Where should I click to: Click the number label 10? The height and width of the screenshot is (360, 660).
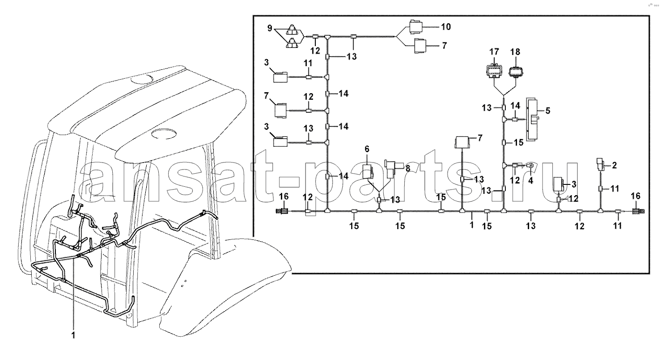(x=446, y=27)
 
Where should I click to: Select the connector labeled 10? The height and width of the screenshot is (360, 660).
(x=415, y=27)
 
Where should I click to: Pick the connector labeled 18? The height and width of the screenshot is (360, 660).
(x=516, y=71)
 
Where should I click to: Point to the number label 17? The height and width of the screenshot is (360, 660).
(x=494, y=52)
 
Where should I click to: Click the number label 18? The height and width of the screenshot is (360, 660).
(x=515, y=52)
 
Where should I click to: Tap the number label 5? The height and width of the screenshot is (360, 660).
(x=548, y=111)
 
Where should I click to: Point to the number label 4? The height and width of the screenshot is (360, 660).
(x=531, y=180)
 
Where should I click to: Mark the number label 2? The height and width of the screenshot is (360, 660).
(x=614, y=165)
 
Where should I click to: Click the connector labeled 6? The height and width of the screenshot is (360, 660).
(x=367, y=172)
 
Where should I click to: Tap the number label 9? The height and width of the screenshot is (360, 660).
(x=270, y=28)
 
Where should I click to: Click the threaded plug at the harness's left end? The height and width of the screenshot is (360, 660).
(x=282, y=211)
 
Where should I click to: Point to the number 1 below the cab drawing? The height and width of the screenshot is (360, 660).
(x=74, y=335)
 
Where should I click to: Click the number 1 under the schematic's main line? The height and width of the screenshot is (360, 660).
(x=472, y=224)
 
